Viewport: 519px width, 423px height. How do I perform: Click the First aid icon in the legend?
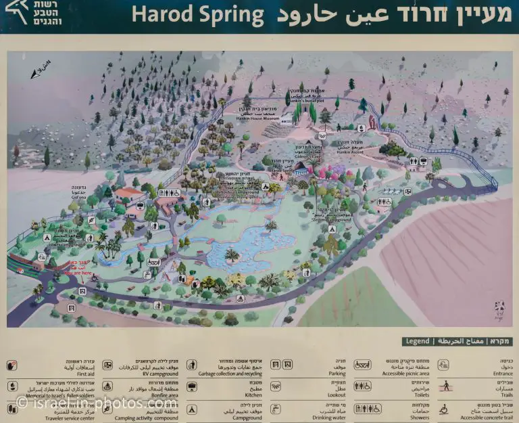click(x=12, y=365)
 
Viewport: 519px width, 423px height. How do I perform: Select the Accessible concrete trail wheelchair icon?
click(x=444, y=409)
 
